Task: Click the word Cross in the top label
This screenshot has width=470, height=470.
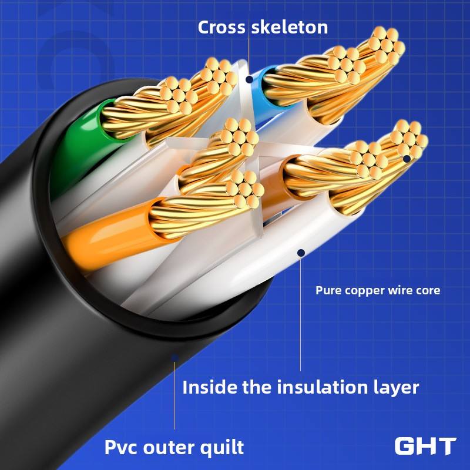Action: (x=221, y=27)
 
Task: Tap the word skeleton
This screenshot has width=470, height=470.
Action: (x=290, y=27)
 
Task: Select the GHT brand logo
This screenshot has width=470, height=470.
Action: (x=425, y=446)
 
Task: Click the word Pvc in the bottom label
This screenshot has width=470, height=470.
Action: (x=122, y=447)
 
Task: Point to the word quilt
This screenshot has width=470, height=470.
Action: (x=222, y=448)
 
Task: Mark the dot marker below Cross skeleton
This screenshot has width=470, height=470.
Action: (x=249, y=79)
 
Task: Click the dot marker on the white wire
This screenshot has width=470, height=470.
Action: (x=301, y=253)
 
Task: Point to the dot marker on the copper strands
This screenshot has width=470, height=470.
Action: (x=407, y=159)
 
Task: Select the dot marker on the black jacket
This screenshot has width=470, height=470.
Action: (x=174, y=358)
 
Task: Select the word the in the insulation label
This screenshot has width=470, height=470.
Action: (x=257, y=387)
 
